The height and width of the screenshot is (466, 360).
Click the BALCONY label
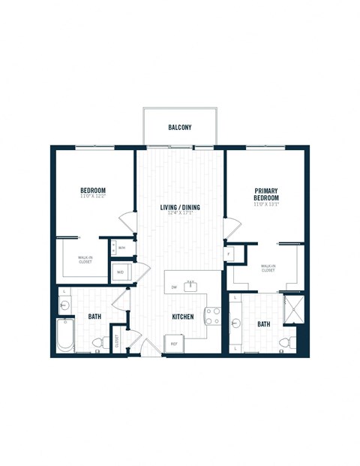(179, 128)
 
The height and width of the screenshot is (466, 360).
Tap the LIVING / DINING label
(179, 207)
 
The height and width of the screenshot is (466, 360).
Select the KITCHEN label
(183, 317)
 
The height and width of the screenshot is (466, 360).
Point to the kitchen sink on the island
(190, 286)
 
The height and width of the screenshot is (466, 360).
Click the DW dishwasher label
(174, 287)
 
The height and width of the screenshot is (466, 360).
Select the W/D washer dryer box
(120, 272)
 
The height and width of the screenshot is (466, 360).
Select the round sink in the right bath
(237, 324)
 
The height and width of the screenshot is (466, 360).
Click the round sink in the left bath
(64, 305)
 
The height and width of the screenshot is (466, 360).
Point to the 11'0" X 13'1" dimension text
(266, 204)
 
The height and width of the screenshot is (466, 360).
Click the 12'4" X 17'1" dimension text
(179, 214)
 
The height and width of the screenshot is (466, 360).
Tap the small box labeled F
(229, 254)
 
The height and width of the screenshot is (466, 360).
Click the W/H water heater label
(121, 246)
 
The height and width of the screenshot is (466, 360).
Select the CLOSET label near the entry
(117, 341)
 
